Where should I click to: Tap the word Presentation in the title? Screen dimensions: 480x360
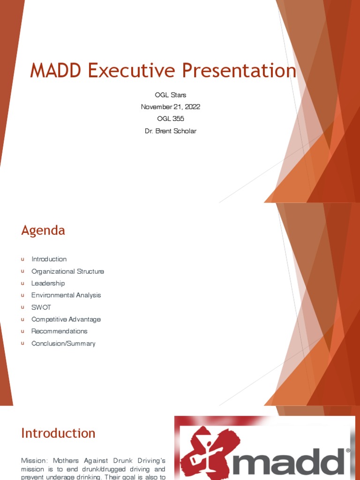point(239,71)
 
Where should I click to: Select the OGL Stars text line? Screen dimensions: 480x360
point(171,95)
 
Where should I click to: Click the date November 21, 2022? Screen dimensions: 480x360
point(171,107)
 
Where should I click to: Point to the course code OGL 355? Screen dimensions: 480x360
point(171,119)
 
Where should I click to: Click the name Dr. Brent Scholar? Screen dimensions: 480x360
point(171,131)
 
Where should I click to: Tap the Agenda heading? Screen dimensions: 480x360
point(43,231)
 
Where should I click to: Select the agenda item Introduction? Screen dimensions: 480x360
point(49,259)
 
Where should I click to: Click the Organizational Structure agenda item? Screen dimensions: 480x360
point(67,271)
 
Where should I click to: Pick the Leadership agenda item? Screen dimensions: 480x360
point(48,284)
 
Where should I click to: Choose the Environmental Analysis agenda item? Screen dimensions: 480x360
point(66,295)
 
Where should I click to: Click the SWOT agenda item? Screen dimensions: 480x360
point(41,307)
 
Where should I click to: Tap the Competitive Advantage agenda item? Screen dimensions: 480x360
point(66,320)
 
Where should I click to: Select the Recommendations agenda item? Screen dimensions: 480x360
point(59,331)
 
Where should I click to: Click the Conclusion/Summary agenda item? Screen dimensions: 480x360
point(63,344)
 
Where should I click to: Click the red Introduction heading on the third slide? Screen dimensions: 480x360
point(58,433)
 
